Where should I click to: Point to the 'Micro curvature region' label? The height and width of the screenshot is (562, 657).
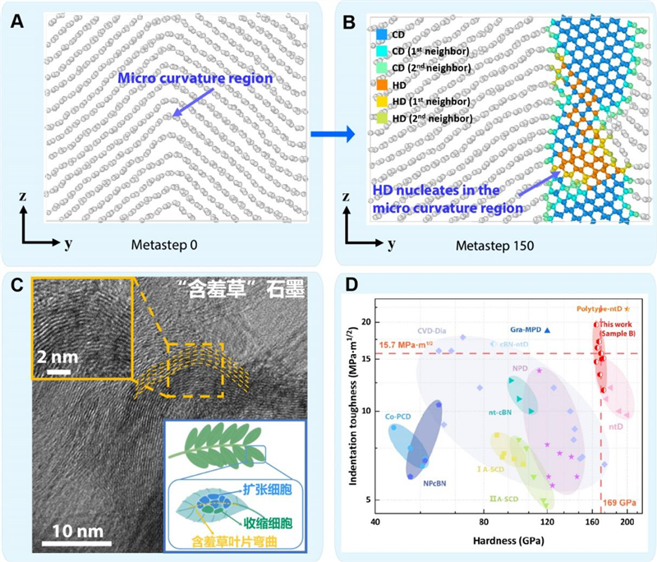[196, 79]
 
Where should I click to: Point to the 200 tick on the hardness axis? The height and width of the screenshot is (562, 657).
[627, 522]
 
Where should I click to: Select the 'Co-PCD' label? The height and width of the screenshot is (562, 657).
[402, 417]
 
